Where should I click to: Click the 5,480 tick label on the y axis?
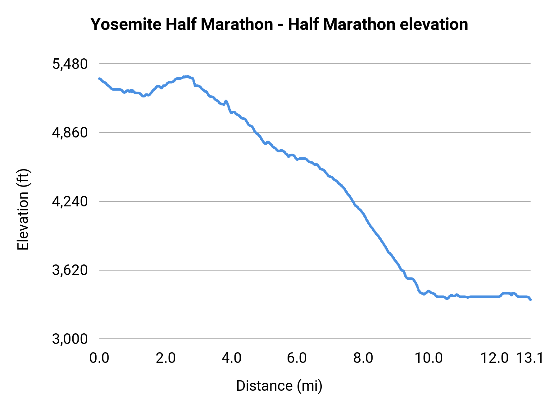coord(70,64)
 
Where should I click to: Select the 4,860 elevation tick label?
coord(70,133)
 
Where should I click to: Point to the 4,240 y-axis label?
coord(70,202)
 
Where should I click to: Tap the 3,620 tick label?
coord(70,270)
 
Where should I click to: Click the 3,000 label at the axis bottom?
coord(70,339)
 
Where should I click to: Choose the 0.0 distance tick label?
coord(99,358)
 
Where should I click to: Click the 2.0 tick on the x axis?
coord(166,358)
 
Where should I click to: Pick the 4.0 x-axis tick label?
coord(231,358)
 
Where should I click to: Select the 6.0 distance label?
coord(297,358)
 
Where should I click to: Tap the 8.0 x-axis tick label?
coord(363,358)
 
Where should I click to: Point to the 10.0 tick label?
coord(429,358)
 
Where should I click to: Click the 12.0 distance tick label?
coord(494,358)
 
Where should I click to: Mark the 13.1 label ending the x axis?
coord(530,358)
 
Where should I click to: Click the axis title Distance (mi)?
coord(279,386)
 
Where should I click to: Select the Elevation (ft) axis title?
coord(23,209)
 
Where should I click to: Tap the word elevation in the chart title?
coord(434,24)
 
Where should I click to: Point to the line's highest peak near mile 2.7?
coord(187,76)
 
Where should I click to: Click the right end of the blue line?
coord(530,300)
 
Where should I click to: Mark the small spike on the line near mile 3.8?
coord(226,101)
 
